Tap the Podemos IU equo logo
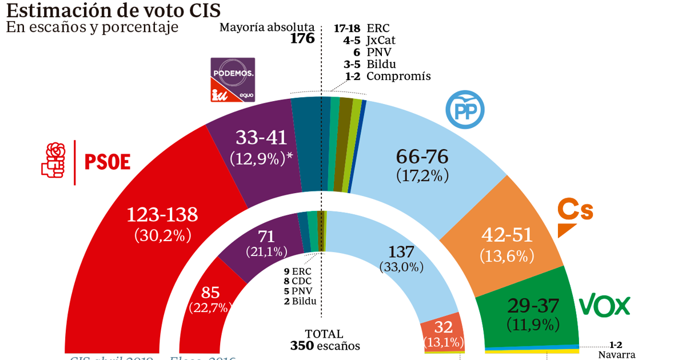[x=233, y=80]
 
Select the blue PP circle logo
[x=465, y=110]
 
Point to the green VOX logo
[x=605, y=306]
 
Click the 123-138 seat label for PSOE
[x=162, y=215]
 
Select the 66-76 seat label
[x=422, y=157]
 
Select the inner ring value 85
[x=210, y=293]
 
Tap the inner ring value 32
[x=444, y=327]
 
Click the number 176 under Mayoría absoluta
[x=302, y=39]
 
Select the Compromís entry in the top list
[x=388, y=76]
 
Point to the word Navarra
[x=617, y=355]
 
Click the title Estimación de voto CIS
[x=113, y=10]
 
